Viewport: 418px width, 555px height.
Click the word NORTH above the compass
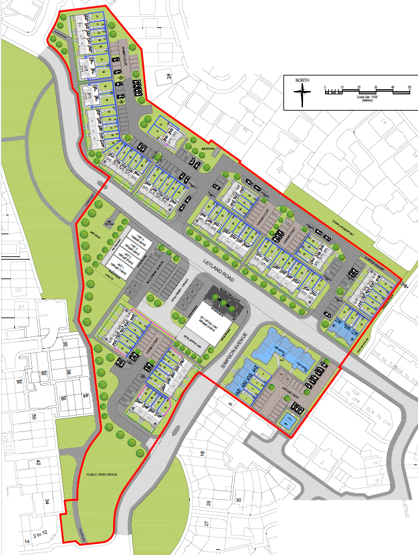(302, 81)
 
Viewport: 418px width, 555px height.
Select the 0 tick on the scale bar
(324, 87)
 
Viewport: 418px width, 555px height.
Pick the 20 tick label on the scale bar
(359, 87)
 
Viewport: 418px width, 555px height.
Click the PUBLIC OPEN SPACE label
(101, 474)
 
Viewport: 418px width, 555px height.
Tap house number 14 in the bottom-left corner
(27, 541)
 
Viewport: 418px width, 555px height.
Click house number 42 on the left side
(38, 463)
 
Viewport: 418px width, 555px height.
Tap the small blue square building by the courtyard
(287, 422)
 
